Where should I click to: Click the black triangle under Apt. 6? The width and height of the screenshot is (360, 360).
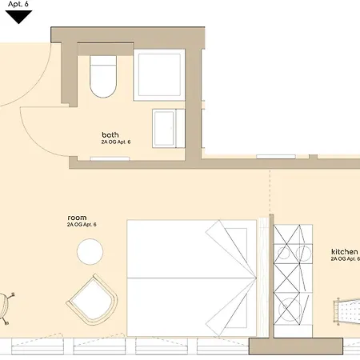[x=18, y=17]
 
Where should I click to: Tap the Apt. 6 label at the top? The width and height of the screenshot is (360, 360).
[x=18, y=4]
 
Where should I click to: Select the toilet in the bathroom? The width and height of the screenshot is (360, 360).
[x=103, y=77]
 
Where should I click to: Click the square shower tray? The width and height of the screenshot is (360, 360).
[x=159, y=74]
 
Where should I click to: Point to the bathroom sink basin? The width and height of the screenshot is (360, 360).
[x=169, y=128]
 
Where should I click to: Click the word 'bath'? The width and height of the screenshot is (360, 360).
[x=110, y=134]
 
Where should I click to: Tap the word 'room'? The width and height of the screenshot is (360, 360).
[x=77, y=218]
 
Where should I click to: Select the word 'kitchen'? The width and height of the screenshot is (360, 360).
[x=345, y=251]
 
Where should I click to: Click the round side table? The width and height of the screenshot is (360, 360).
[x=90, y=252]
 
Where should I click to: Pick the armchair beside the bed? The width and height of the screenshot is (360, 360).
[x=93, y=299]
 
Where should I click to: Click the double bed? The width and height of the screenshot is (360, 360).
[x=192, y=278]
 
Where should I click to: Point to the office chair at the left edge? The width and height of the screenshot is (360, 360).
[x=6, y=309]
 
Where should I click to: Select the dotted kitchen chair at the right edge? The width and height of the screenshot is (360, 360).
[x=346, y=311]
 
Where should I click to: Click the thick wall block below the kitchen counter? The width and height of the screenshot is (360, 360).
[x=296, y=346]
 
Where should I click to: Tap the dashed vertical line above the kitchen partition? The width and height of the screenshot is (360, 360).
[x=270, y=192]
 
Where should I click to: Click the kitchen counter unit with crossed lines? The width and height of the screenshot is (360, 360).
[x=293, y=281]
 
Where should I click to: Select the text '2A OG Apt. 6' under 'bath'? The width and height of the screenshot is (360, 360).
[x=116, y=142]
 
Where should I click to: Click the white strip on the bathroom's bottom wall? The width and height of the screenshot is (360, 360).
[x=110, y=159]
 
